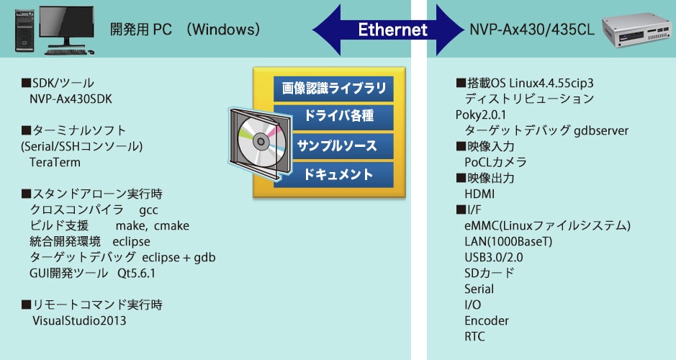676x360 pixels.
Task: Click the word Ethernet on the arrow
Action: click(x=393, y=30)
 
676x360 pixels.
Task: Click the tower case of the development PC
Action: click(x=24, y=31)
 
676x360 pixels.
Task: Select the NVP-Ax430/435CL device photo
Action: click(x=637, y=30)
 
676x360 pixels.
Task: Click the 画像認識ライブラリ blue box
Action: click(x=334, y=89)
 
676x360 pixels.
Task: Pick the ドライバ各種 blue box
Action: click(x=334, y=117)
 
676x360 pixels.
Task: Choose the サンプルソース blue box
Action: click(x=334, y=145)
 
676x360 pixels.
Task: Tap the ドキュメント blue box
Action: click(x=334, y=175)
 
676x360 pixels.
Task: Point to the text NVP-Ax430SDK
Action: click(x=71, y=99)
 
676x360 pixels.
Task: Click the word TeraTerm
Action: click(x=55, y=163)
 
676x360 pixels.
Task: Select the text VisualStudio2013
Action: click(x=79, y=321)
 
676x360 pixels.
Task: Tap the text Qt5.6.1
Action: click(x=136, y=274)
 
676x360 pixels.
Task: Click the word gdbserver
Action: click(x=601, y=130)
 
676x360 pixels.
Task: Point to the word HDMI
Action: click(x=479, y=194)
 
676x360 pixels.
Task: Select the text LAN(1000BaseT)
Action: click(x=508, y=241)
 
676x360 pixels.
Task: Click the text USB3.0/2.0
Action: click(x=494, y=257)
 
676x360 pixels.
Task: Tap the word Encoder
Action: click(x=487, y=321)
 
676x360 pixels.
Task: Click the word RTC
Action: click(x=474, y=337)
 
